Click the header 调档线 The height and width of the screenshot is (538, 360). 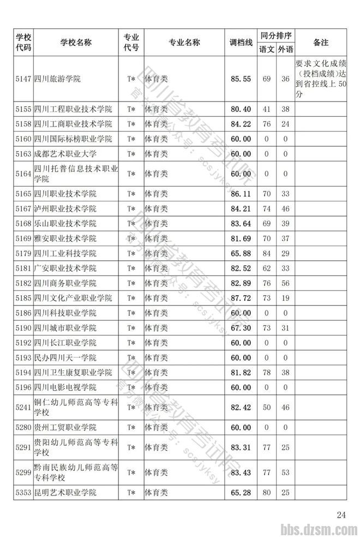241,43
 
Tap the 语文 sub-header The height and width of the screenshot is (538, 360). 267,50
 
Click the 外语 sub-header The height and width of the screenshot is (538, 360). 285,50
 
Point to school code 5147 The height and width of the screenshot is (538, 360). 23,79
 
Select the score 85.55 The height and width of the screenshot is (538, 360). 241,79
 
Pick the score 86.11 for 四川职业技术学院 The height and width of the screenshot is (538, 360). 241,194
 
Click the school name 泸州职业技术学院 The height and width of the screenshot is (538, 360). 65,209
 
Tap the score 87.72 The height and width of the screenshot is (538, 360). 241,298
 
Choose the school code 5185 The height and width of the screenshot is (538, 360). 23,298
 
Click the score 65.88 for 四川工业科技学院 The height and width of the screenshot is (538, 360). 241,254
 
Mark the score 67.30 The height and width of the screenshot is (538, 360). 241,328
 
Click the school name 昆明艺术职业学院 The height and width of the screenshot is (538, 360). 65,493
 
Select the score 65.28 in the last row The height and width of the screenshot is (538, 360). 241,493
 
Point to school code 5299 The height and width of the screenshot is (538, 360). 23,472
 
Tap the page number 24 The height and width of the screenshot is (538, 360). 341,515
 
